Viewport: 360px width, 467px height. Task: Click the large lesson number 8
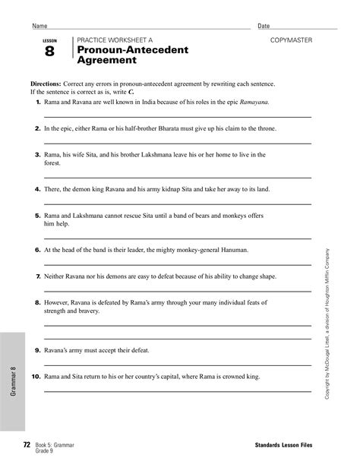pyautogui.click(x=49, y=52)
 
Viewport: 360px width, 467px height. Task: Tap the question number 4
pyautogui.click(x=37, y=188)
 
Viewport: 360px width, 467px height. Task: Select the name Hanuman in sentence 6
pyautogui.click(x=229, y=249)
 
